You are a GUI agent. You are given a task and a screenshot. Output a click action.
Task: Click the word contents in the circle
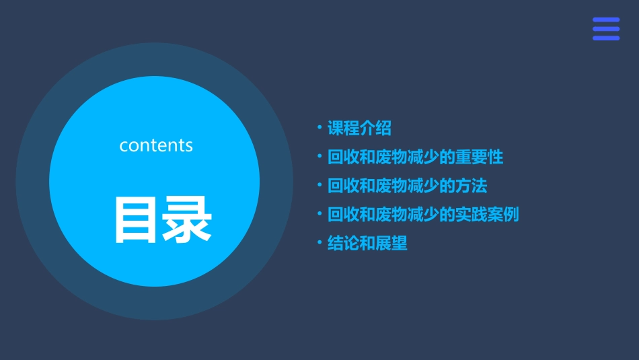tap(156, 145)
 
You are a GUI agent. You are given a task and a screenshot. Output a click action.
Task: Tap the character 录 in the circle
tap(186, 219)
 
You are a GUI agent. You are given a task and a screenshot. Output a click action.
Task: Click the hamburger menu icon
tap(606, 29)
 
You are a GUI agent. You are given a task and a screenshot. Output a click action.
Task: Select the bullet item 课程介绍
tap(359, 128)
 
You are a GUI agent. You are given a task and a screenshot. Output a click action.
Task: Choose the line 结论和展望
tap(367, 243)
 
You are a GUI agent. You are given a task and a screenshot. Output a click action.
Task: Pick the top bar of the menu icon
tap(606, 20)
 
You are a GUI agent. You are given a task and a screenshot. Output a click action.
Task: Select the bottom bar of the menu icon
tap(606, 38)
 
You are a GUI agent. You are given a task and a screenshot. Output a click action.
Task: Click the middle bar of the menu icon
tap(606, 29)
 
